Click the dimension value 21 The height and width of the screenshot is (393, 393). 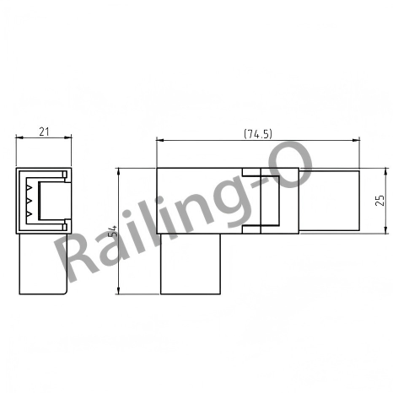pyautogui.click(x=44, y=132)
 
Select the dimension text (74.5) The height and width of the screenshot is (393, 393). pyautogui.click(x=258, y=134)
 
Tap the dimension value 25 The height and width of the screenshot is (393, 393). pyautogui.click(x=380, y=200)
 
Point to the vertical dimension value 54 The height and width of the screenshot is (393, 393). pyautogui.click(x=113, y=231)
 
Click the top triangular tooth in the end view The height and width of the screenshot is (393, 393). pyautogui.click(x=30, y=187)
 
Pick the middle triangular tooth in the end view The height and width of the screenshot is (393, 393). pyautogui.click(x=30, y=201)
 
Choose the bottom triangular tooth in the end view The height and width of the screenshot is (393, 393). pyautogui.click(x=30, y=214)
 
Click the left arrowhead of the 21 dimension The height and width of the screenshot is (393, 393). pyautogui.click(x=19, y=137)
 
